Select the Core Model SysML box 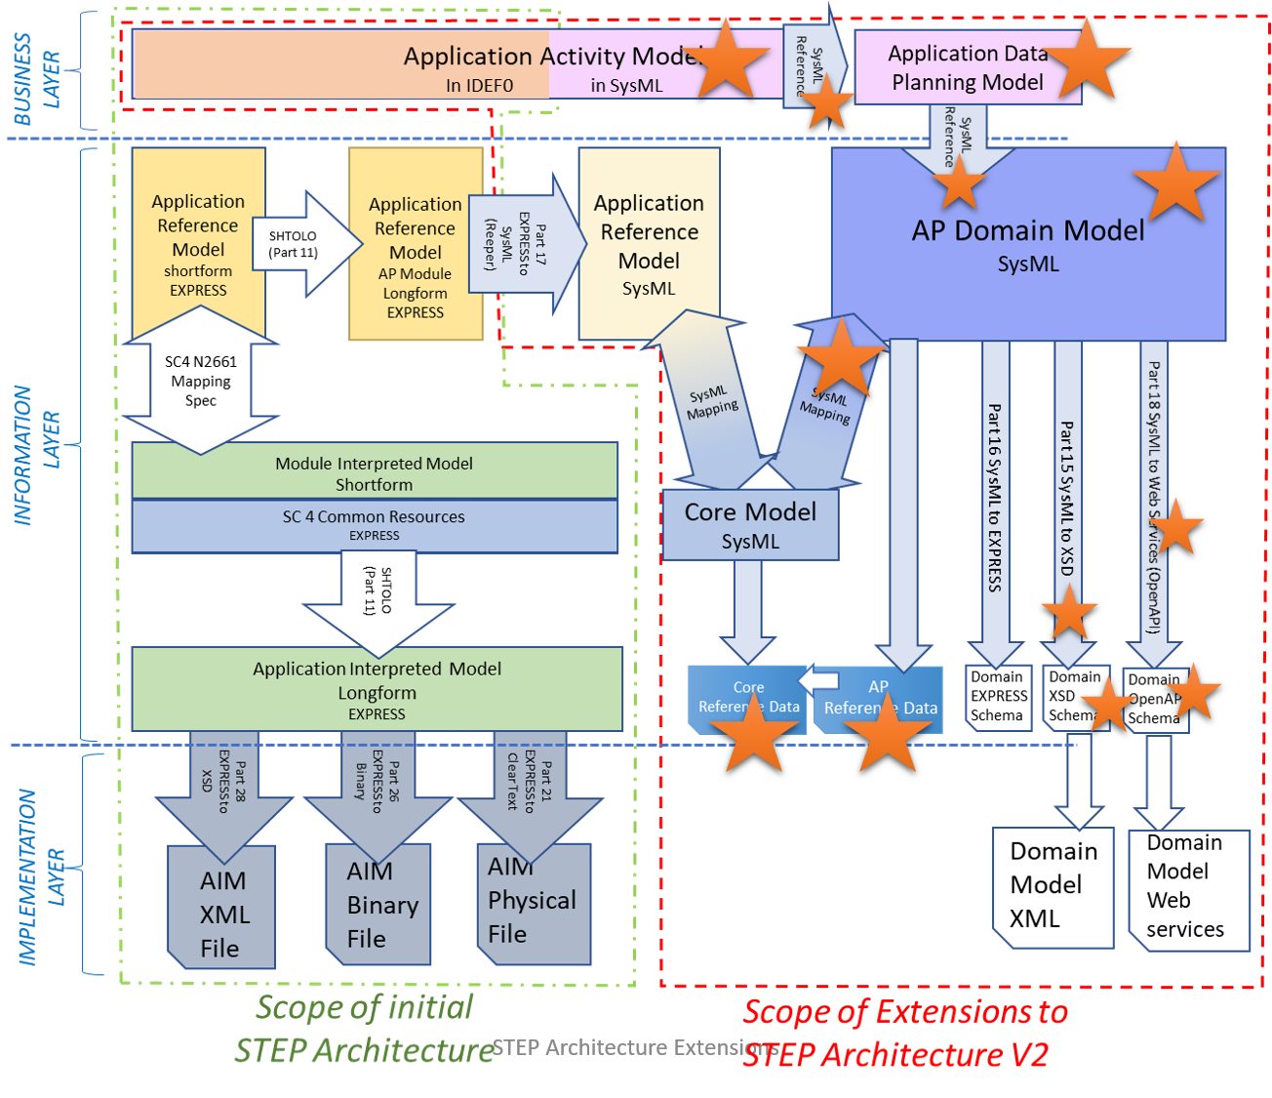pyautogui.click(x=750, y=525)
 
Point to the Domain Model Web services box pyautogui.click(x=1187, y=887)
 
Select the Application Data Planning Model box pyautogui.click(x=967, y=67)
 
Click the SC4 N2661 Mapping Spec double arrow pyautogui.click(x=200, y=381)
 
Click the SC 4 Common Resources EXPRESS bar pyautogui.click(x=375, y=525)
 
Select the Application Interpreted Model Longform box pyautogui.click(x=377, y=689)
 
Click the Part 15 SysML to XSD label pyautogui.click(x=1068, y=498)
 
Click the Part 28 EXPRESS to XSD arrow pyautogui.click(x=223, y=786)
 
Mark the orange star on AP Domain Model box pyautogui.click(x=1176, y=183)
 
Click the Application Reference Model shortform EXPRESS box pyautogui.click(x=198, y=243)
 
